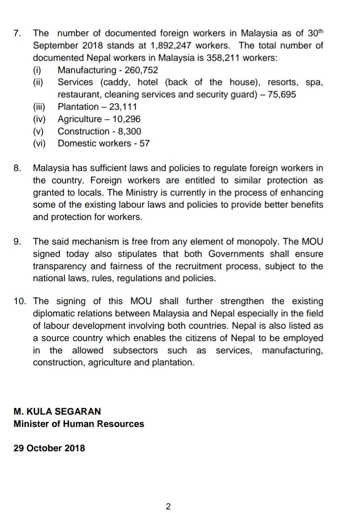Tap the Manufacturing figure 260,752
pyautogui.click(x=141, y=70)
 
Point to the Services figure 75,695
pyautogui.click(x=282, y=95)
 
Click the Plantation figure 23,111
pyautogui.click(x=123, y=107)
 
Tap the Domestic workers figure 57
pyautogui.click(x=144, y=144)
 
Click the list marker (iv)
pyautogui.click(x=39, y=119)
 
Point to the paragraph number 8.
pyautogui.click(x=17, y=168)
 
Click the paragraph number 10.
pyautogui.click(x=20, y=301)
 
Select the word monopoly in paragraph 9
pyautogui.click(x=261, y=242)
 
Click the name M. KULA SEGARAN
pyautogui.click(x=57, y=411)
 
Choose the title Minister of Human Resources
pyautogui.click(x=79, y=424)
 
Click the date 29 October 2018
pyautogui.click(x=49, y=448)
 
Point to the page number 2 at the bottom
pyautogui.click(x=168, y=507)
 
